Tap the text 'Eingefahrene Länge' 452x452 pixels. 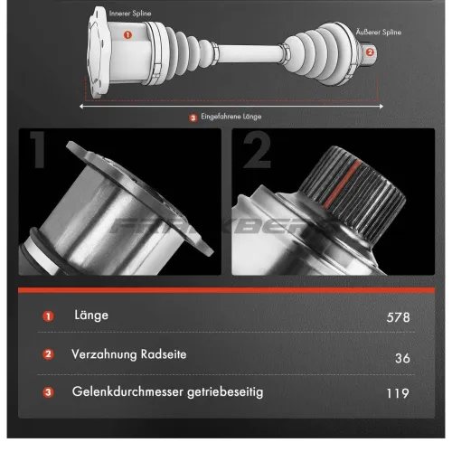[233, 118]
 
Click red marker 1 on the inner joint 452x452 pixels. [127, 35]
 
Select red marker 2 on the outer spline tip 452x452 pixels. [369, 52]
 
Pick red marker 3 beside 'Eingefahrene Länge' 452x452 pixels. [193, 118]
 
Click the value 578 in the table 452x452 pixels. [397, 317]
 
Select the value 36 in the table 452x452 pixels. [402, 357]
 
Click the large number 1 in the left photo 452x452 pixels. [39, 162]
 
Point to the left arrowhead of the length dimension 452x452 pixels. [84, 106]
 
